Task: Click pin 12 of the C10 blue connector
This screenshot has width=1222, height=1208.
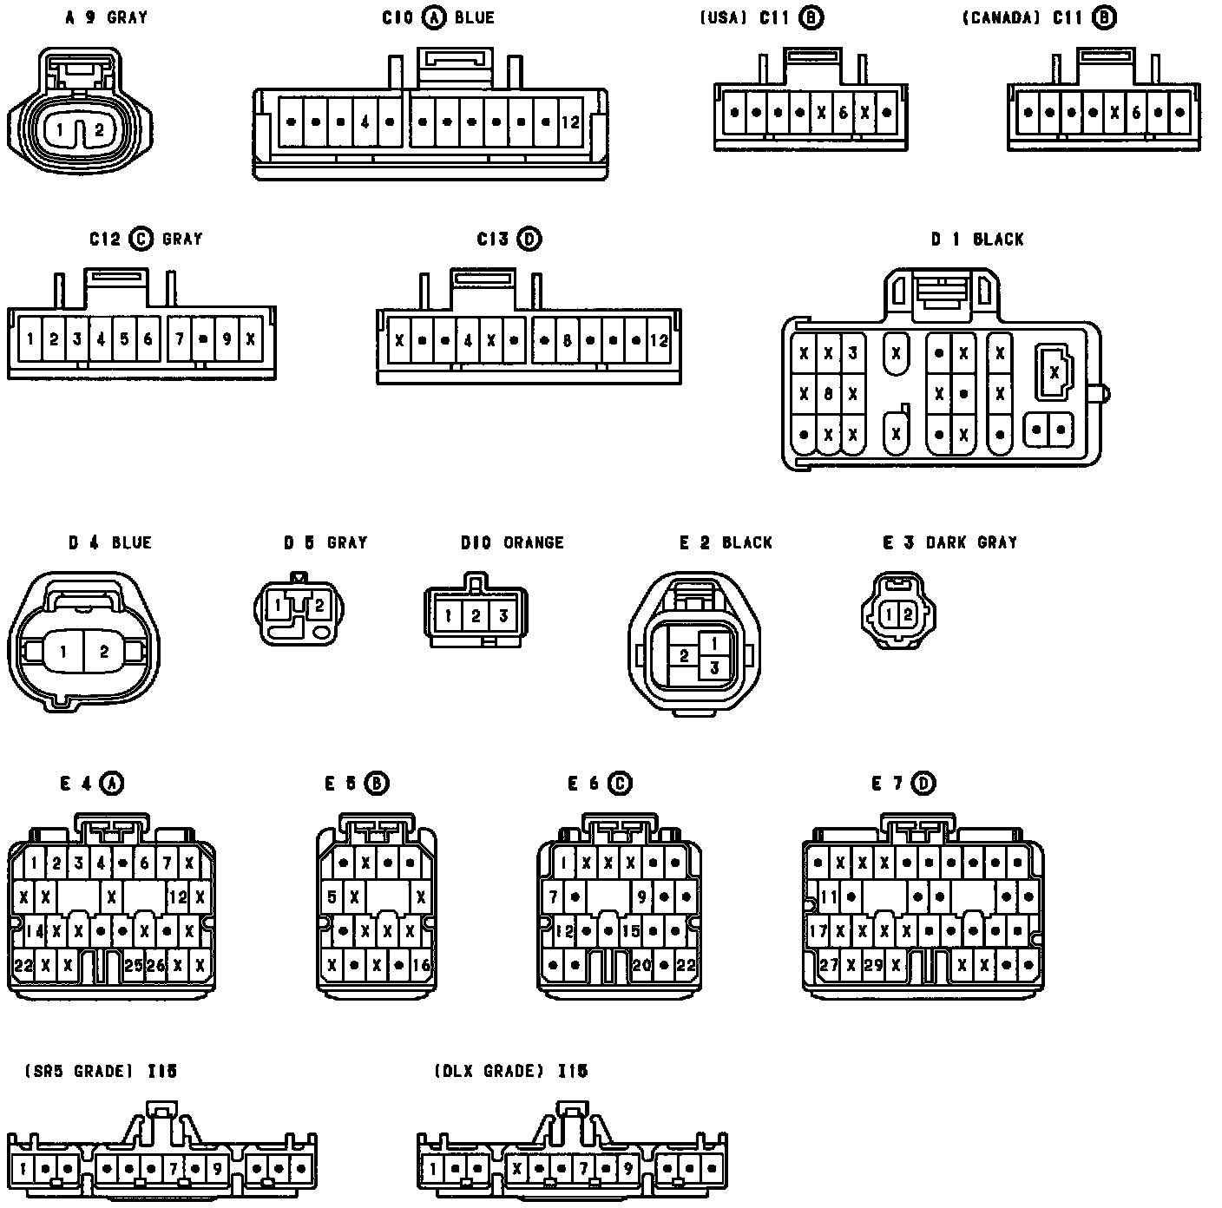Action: (569, 122)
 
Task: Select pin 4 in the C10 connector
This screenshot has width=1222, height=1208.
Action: (365, 122)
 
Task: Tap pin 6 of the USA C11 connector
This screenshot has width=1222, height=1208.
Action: (843, 113)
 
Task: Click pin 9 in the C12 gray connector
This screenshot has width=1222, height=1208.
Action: (227, 339)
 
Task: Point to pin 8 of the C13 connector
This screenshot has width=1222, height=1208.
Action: (566, 341)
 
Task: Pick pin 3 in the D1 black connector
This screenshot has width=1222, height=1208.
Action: (853, 353)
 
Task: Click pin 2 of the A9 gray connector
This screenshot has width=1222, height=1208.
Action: (99, 131)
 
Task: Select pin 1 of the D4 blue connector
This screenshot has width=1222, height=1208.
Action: (63, 651)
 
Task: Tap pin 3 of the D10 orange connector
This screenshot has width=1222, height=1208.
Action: (503, 617)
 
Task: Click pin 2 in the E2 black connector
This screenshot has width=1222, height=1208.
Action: (685, 655)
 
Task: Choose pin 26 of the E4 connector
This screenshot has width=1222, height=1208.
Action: (155, 964)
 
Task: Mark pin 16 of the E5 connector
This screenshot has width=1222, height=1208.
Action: (421, 964)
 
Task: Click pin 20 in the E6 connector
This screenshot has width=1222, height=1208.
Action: (641, 964)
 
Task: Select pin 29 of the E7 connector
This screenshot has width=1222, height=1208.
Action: (873, 964)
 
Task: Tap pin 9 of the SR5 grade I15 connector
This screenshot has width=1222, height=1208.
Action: (216, 1169)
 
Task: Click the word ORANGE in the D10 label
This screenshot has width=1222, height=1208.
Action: (534, 542)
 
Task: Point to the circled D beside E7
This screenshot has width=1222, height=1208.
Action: (925, 784)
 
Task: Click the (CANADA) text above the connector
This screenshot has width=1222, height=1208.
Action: (1001, 17)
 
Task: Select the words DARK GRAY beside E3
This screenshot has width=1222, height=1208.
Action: (971, 542)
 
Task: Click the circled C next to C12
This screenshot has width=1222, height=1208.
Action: (141, 239)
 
